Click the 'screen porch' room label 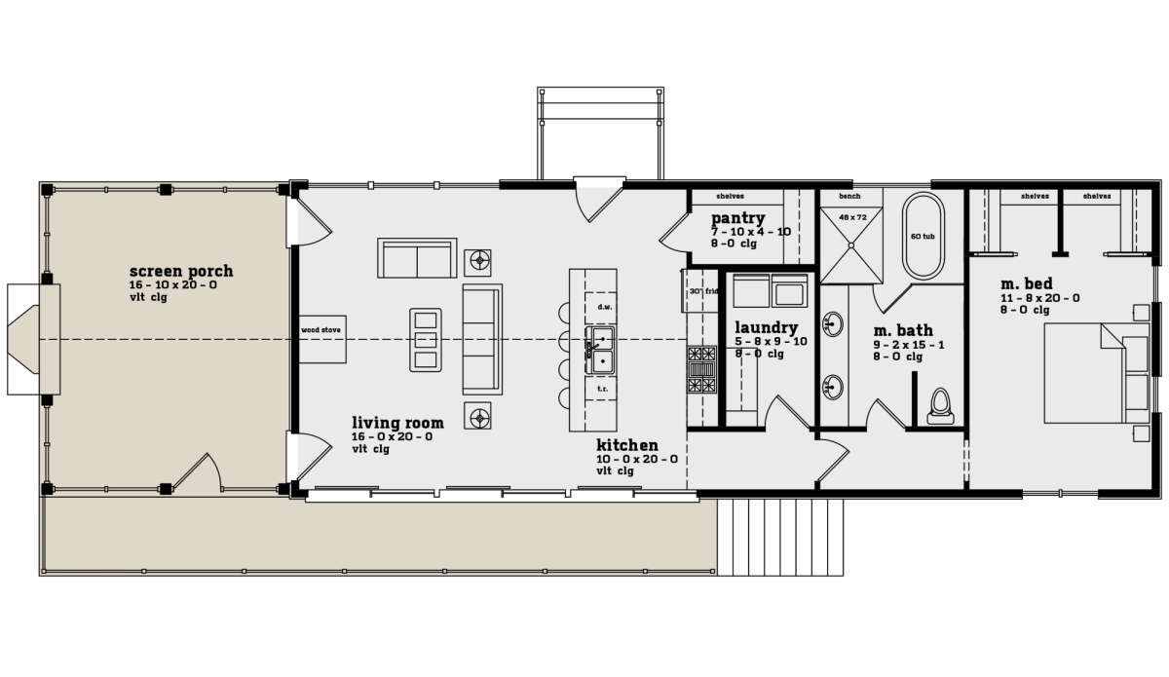tap(180, 271)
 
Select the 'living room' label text tap(397, 423)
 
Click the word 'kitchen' tap(627, 445)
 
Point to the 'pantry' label tap(737, 217)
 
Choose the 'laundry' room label tap(767, 327)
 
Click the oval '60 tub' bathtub tap(922, 237)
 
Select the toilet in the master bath tap(941, 406)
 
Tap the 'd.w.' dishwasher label tap(603, 306)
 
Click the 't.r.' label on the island tap(603, 389)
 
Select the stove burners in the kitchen tap(701, 370)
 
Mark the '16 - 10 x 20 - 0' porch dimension tap(180, 286)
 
